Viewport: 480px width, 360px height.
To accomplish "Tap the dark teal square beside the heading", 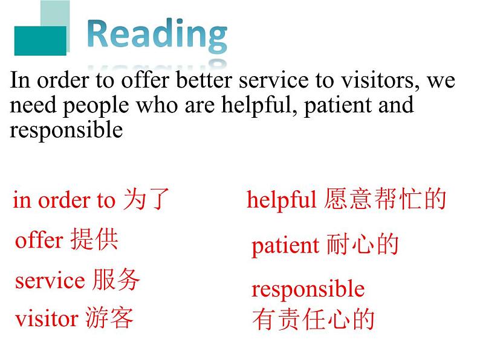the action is (x=41, y=41).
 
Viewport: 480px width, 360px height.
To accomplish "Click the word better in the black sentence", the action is (x=204, y=80).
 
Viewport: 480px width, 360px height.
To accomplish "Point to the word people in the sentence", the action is (x=96, y=106).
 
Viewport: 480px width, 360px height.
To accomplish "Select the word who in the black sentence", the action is (x=157, y=105).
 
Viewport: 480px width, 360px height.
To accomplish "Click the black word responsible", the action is (x=66, y=130).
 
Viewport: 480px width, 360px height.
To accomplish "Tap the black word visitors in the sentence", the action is (x=379, y=81).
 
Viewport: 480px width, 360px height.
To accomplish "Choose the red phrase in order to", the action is (x=64, y=201).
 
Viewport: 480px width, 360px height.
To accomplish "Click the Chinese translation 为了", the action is (x=146, y=199).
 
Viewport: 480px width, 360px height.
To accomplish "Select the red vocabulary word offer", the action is (x=39, y=240).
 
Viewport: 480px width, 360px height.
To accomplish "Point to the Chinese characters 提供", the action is (x=94, y=239).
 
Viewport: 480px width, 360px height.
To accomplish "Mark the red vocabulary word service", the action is (x=50, y=280).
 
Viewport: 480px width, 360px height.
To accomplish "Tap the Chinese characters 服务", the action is (x=116, y=279).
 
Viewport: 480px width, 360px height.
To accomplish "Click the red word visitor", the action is (x=47, y=319).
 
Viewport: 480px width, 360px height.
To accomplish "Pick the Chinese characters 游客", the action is (x=109, y=318).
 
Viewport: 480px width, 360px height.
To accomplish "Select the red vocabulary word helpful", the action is (x=281, y=200).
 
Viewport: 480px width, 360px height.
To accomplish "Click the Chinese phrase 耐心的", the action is (x=363, y=245).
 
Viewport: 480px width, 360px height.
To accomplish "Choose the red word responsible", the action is (x=308, y=289).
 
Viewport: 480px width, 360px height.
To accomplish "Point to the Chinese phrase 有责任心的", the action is (x=313, y=320).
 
